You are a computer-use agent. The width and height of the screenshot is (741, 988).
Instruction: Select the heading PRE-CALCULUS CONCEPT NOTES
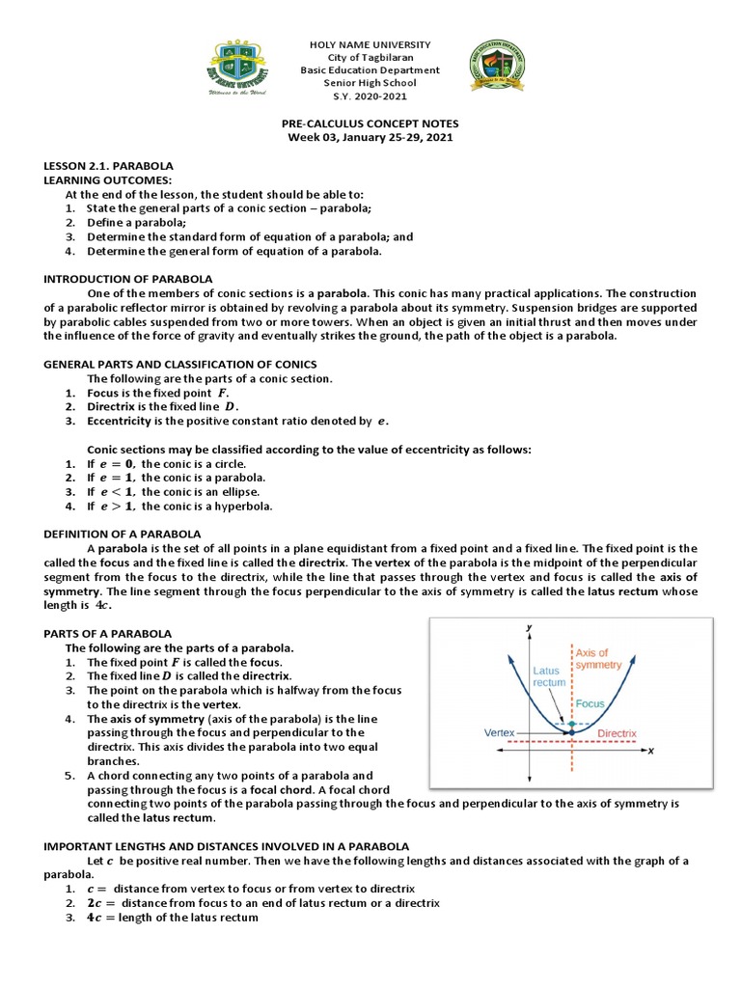(370, 124)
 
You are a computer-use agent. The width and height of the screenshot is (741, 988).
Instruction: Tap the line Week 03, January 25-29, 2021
(370, 138)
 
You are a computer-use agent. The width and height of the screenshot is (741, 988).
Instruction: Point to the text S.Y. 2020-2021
(370, 96)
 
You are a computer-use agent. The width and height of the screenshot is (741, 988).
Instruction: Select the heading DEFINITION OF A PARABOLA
(123, 534)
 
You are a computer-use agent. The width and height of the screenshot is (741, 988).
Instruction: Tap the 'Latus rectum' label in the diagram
(549, 676)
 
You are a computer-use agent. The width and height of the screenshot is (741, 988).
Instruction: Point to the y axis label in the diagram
(529, 628)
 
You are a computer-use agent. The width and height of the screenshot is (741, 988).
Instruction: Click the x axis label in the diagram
(651, 751)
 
